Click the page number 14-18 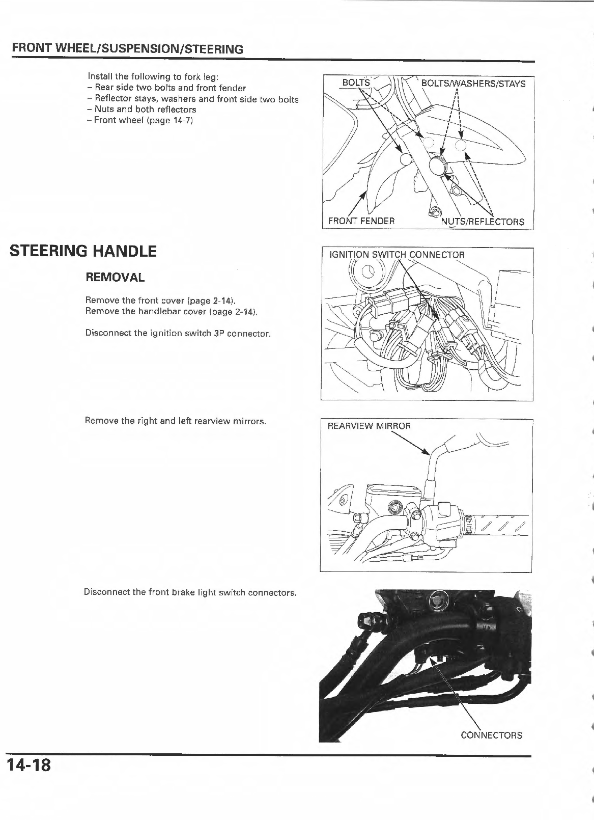coord(29,765)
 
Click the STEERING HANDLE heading coord(83,251)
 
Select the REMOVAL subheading coord(115,278)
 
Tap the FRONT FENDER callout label coord(361,221)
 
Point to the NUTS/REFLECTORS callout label coord(482,222)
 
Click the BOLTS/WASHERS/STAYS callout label coord(473,84)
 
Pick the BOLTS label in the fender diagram coord(356,83)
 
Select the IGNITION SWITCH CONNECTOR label coord(397,255)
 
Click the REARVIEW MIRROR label coord(369,425)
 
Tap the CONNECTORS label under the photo coord(491,735)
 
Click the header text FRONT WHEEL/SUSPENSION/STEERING coord(127,49)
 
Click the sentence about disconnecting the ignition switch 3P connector coord(178,333)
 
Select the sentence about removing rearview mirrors coord(176,421)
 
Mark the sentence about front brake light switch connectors coord(190,593)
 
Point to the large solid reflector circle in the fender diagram coord(437,166)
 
